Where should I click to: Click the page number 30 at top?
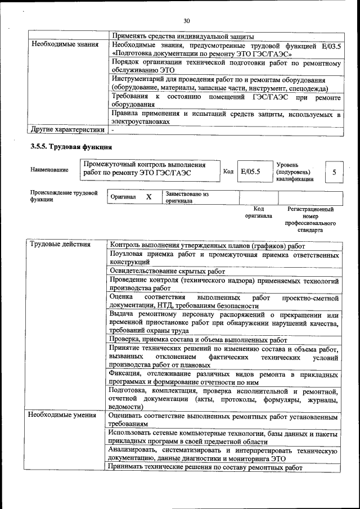(187, 21)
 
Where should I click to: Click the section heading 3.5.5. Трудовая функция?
(71, 147)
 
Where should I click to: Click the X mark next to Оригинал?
(148, 197)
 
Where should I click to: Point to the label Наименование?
(49, 169)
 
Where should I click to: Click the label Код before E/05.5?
(228, 172)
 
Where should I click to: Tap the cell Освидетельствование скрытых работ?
(167, 271)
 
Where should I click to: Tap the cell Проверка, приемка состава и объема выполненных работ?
(199, 340)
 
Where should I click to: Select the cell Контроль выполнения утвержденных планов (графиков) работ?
(208, 246)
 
